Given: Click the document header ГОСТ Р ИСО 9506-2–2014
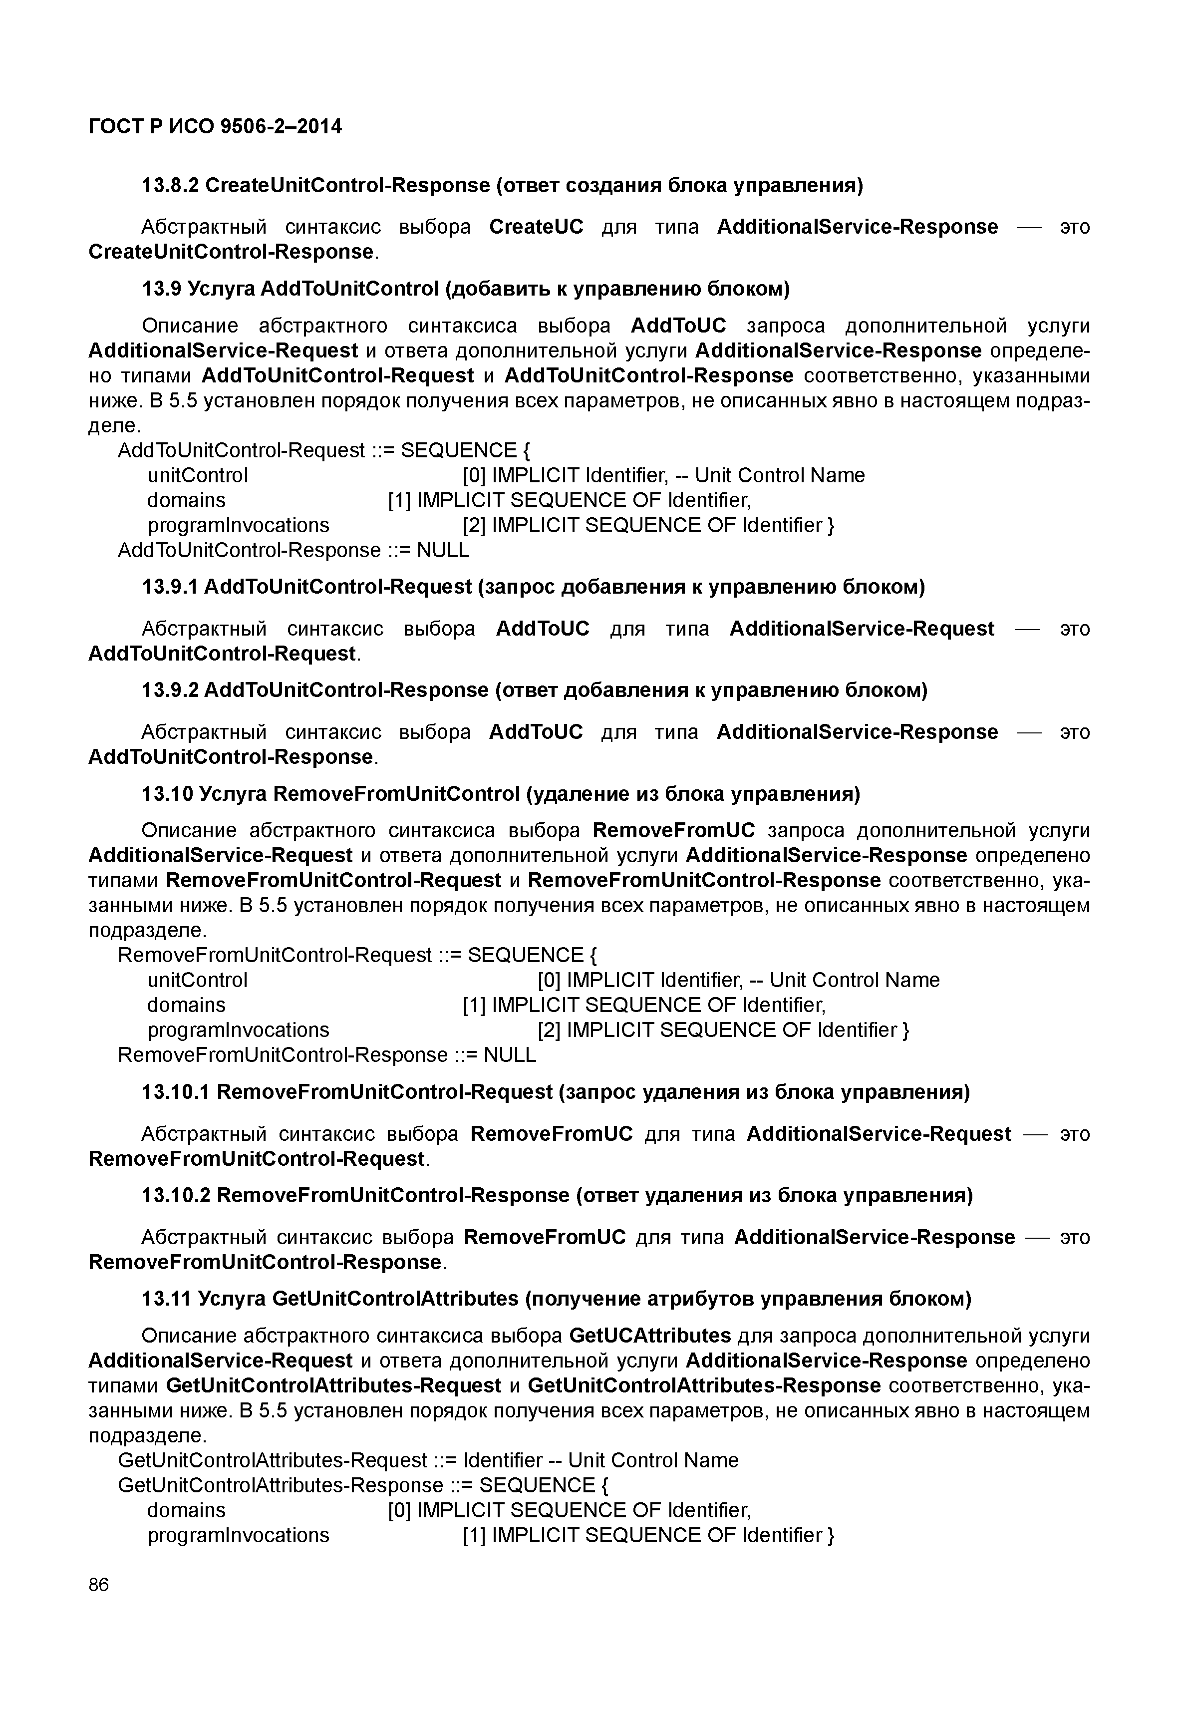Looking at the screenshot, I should pyautogui.click(x=215, y=126).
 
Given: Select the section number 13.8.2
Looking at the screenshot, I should pyautogui.click(x=169, y=185).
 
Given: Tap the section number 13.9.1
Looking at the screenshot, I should pyautogui.click(x=169, y=587).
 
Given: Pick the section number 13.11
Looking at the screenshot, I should pyautogui.click(x=166, y=1299).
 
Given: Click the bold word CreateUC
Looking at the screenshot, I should pyautogui.click(x=536, y=226).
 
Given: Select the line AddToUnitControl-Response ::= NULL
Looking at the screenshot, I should pyautogui.click(x=294, y=551).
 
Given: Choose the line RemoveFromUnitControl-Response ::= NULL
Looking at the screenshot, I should pyautogui.click(x=326, y=1054).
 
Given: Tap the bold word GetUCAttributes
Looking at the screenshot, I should pyautogui.click(x=650, y=1336).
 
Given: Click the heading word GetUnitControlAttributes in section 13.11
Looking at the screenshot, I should pyautogui.click(x=395, y=1299).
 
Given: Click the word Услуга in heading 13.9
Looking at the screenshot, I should pyautogui.click(x=221, y=288).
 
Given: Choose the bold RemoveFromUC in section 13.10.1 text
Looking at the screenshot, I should pyautogui.click(x=551, y=1134).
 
